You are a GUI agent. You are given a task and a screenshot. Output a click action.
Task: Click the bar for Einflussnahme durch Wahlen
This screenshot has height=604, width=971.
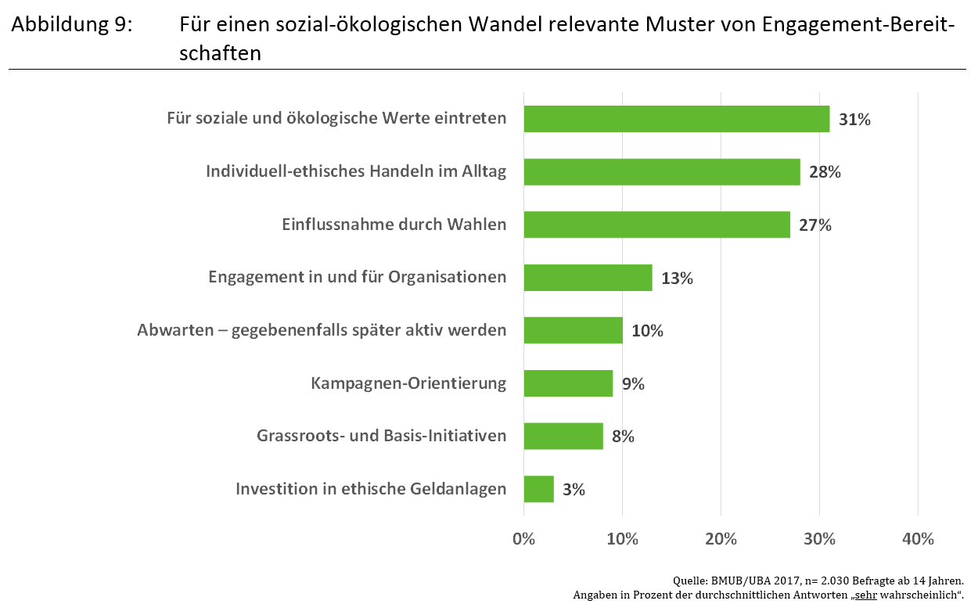coord(656,225)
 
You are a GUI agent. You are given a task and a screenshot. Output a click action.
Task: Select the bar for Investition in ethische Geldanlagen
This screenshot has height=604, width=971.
coord(538,489)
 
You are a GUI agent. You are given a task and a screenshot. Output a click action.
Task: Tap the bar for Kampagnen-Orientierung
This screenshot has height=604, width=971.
coord(568,383)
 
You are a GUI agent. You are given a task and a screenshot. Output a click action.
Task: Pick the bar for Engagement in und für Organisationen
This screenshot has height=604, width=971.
coord(588,278)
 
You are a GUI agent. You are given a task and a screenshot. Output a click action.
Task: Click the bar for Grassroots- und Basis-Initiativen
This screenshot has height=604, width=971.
coord(563,436)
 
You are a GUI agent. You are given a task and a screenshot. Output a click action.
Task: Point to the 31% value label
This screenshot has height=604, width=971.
coord(854,120)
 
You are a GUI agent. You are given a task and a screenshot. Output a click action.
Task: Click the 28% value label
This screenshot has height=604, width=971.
coord(825,172)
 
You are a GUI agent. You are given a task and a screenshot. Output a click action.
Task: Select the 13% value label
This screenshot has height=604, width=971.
coord(677,278)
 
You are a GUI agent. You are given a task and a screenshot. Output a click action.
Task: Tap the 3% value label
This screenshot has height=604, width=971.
coord(574,490)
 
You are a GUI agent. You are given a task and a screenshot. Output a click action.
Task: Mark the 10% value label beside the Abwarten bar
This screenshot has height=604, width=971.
coord(647,331)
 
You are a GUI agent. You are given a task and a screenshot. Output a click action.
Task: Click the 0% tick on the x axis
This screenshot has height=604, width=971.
coord(523,539)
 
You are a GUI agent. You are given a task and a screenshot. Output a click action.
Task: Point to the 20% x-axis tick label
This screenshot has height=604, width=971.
coord(721,539)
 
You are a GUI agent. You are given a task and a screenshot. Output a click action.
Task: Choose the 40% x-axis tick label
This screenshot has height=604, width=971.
coord(918,539)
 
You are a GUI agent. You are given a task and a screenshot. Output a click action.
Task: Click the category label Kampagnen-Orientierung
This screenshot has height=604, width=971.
coord(408,383)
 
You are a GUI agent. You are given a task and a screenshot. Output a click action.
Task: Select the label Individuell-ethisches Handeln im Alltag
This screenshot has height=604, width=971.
coord(356,171)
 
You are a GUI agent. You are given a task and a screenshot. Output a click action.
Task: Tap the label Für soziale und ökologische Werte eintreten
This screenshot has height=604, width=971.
coord(336,119)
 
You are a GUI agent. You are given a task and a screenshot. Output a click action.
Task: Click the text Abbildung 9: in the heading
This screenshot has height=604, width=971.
coord(72,25)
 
